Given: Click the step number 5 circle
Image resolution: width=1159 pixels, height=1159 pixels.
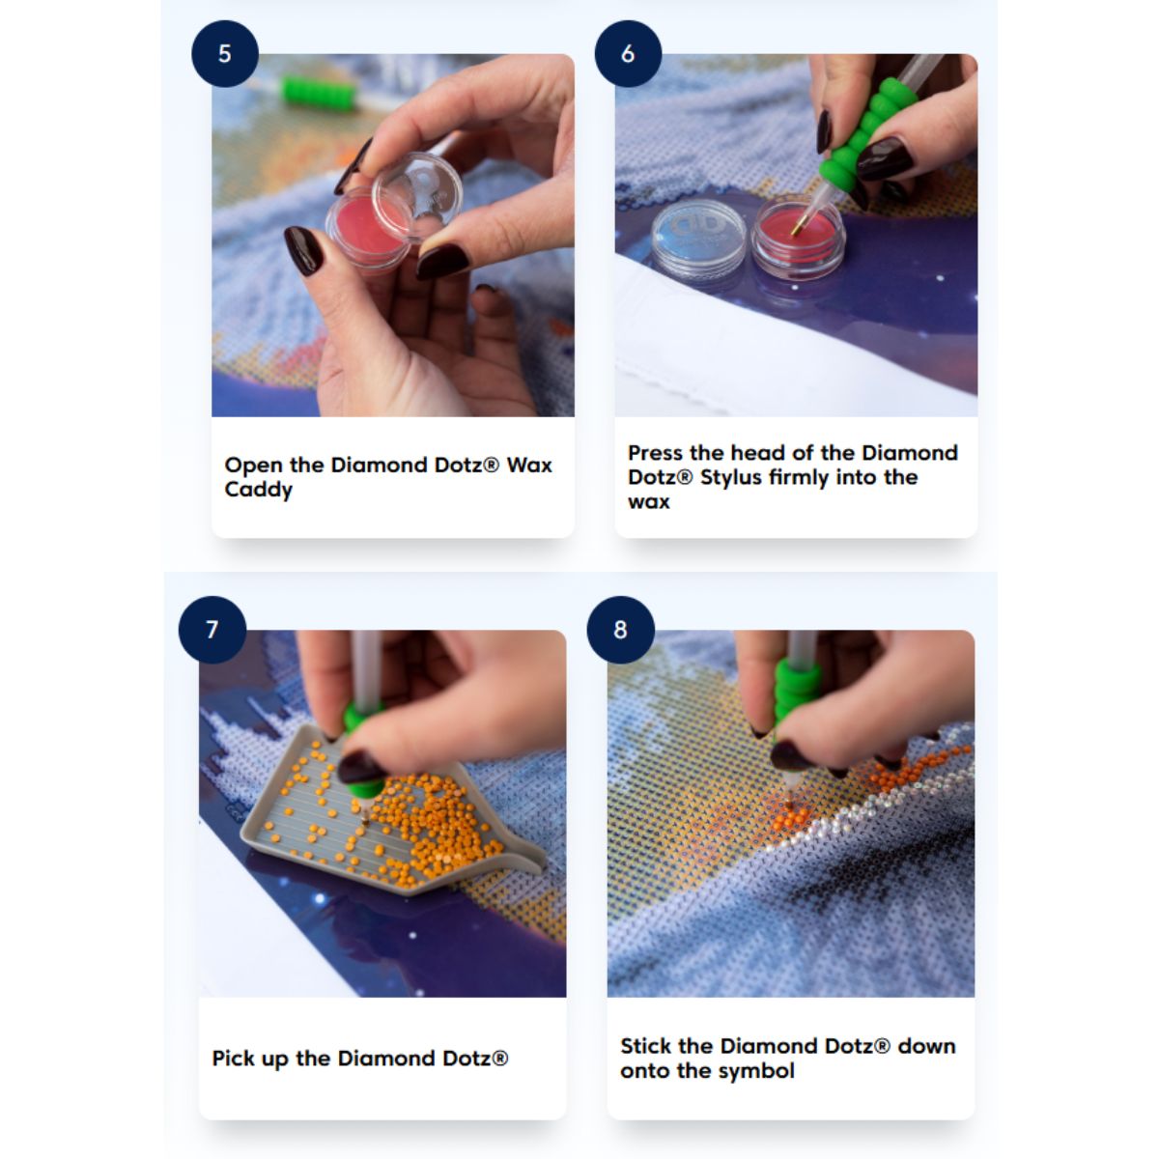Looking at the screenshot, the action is (x=225, y=53).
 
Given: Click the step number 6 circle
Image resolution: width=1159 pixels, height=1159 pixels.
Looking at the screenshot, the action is (x=628, y=53).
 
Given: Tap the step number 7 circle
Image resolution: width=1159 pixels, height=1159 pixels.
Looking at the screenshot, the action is (x=212, y=630).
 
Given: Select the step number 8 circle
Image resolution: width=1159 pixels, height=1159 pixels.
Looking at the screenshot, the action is (x=621, y=630).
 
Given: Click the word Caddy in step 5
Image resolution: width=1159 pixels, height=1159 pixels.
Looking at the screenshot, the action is (x=259, y=491).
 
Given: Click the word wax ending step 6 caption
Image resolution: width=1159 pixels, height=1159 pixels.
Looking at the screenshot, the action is (x=649, y=501).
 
